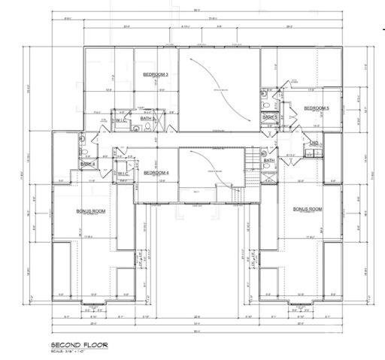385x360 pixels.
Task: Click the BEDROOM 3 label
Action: point(155,74)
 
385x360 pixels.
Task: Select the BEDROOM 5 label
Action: point(316,108)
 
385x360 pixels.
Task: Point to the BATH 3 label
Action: point(148,119)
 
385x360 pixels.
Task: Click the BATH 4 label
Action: point(87,163)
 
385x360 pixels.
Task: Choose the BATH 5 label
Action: point(270,117)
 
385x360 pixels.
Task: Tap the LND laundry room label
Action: point(315,143)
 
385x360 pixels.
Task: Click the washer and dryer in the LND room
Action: point(315,154)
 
